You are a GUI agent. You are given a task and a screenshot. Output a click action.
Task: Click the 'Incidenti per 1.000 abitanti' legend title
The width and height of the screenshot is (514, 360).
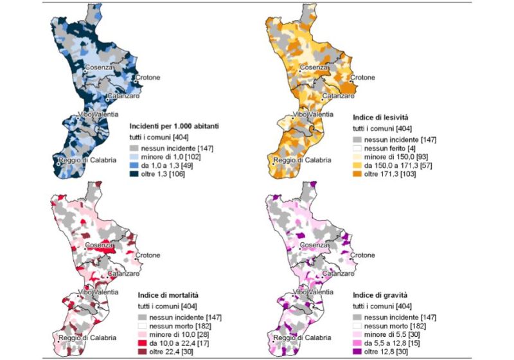(174, 127)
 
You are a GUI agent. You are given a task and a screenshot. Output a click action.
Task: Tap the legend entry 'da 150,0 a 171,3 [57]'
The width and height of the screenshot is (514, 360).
(399, 166)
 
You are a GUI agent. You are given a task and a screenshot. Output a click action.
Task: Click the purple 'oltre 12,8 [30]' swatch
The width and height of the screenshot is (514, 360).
(357, 353)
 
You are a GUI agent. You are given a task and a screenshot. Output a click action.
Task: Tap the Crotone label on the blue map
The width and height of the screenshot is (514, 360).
(148, 78)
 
